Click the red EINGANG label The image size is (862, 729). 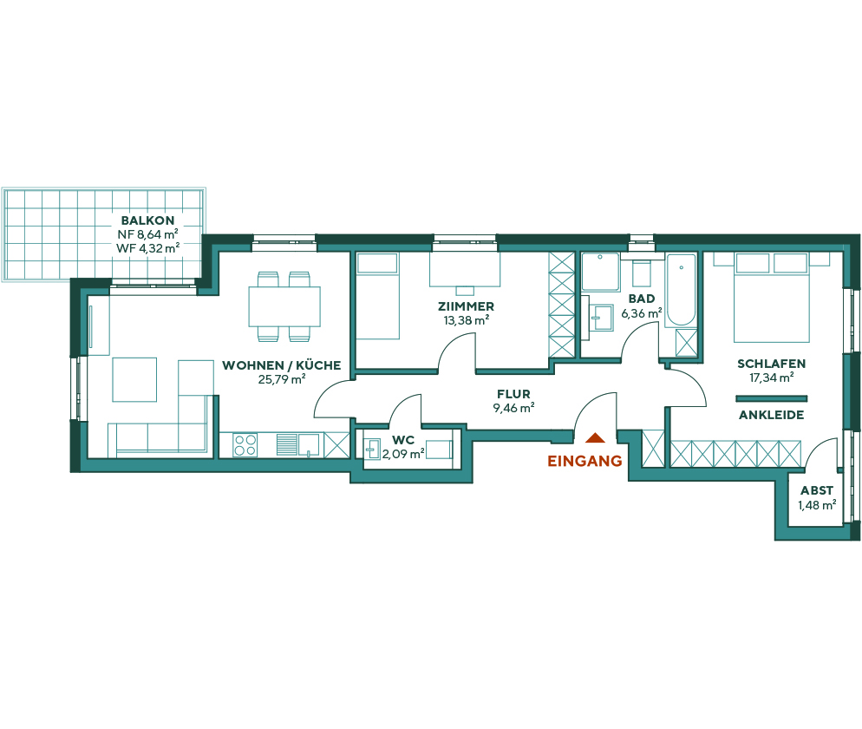click(584, 462)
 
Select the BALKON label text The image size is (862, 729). click(147, 220)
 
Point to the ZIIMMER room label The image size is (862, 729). click(467, 306)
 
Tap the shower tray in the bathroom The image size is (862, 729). click(599, 272)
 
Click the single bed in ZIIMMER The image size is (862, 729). click(377, 295)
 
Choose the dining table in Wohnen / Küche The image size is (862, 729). click(284, 306)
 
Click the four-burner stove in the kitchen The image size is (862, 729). click(245, 445)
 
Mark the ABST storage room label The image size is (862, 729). click(817, 490)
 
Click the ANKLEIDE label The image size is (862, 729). click(771, 415)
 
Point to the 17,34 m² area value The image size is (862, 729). click(771, 378)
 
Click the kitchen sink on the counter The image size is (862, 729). click(308, 444)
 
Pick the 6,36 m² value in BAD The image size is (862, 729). click(641, 312)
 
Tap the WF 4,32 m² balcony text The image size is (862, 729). click(147, 247)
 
